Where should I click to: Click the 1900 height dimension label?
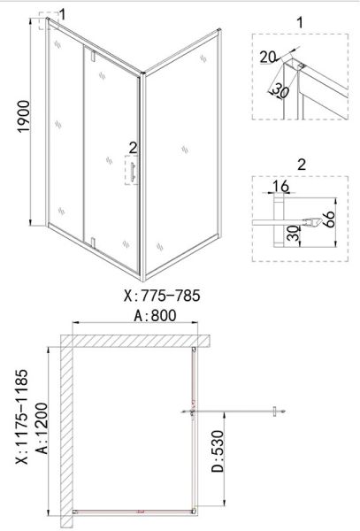pos(24,117)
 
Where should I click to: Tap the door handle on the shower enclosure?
pos(133,171)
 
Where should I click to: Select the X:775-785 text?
pos(162,296)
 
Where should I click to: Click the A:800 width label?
pos(156,316)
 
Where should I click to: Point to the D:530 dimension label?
pos(218,451)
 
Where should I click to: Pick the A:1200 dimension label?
pos(42,427)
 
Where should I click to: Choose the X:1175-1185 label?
pos(22,417)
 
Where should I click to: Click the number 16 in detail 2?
pos(280,186)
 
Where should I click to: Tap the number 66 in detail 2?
pos(328,219)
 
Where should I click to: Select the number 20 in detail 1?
pos(268,57)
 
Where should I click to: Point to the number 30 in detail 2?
pos(294,234)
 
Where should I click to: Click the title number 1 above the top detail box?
pos(300,23)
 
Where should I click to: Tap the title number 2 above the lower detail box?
pos(301,165)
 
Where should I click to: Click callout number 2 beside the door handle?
pos(133,148)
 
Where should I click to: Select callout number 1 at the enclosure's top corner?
pos(62,14)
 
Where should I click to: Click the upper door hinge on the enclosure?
pos(93,56)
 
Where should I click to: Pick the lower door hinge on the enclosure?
pos(94,242)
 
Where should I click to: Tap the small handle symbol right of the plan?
pos(275,412)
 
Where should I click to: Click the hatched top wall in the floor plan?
pos(135,341)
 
